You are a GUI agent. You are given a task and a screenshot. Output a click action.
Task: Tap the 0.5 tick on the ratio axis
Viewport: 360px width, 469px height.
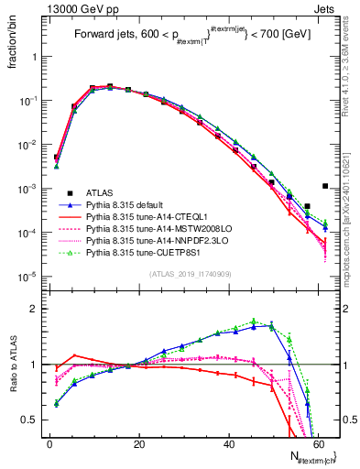pos(33,420)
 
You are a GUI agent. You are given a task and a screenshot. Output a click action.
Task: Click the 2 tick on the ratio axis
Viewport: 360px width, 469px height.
pos(38,309)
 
